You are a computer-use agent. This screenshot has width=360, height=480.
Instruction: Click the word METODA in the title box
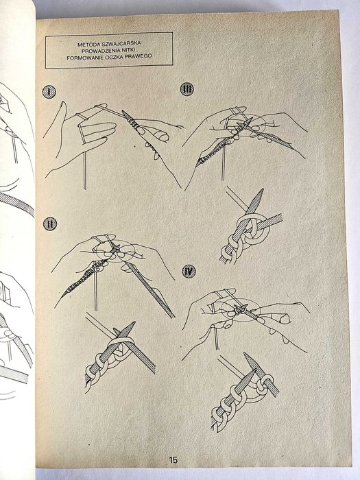tap(88, 45)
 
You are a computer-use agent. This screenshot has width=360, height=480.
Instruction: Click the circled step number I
tap(49, 92)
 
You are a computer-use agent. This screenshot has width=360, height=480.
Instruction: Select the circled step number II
tap(50, 224)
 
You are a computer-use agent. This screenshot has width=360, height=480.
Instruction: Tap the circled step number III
tap(187, 89)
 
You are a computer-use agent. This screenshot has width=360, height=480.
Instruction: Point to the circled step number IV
tap(189, 272)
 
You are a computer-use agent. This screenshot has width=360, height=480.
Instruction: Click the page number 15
tap(173, 459)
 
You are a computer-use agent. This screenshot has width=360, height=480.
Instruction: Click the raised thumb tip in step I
tap(63, 104)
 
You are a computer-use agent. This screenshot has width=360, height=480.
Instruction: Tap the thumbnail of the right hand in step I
tap(164, 137)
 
